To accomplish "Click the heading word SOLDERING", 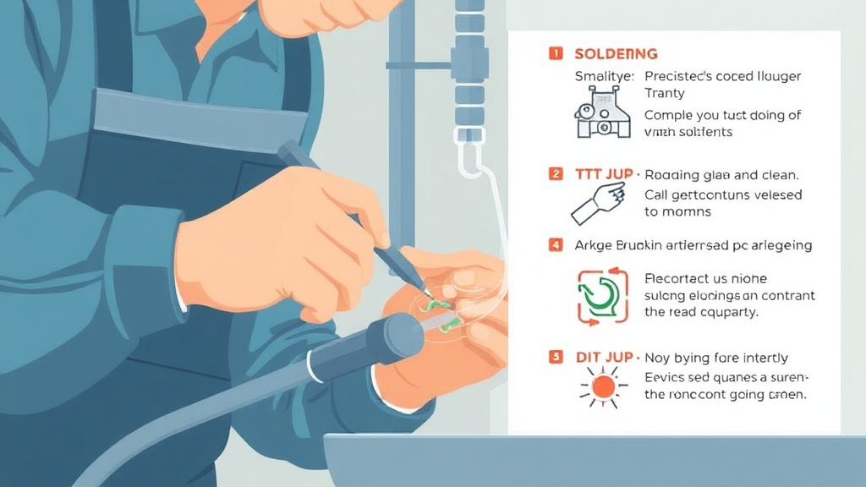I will (616, 53).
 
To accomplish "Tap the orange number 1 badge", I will (555, 53).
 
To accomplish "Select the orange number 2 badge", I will (555, 174).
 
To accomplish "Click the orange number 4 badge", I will (555, 245).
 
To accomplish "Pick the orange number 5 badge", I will (555, 357).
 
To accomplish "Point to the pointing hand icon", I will (599, 200).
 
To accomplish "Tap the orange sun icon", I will (603, 387).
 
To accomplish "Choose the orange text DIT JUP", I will (605, 358).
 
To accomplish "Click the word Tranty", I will (665, 93).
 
